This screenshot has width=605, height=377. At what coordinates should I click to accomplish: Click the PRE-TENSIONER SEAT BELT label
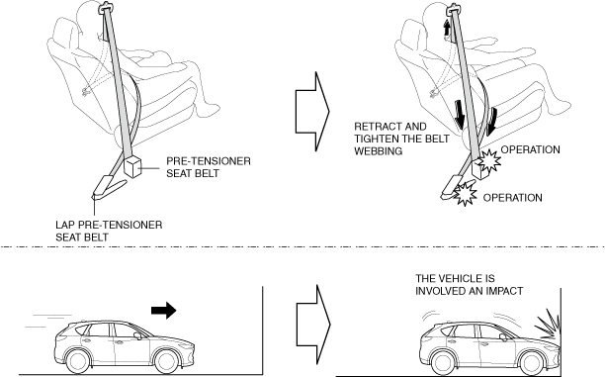(x=209, y=167)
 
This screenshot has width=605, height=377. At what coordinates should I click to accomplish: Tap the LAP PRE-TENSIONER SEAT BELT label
(x=109, y=231)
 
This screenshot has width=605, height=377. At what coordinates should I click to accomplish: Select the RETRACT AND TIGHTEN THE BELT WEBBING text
(x=401, y=139)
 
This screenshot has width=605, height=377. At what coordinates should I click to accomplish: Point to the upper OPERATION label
(x=530, y=149)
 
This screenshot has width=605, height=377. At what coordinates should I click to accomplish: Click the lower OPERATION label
(x=512, y=198)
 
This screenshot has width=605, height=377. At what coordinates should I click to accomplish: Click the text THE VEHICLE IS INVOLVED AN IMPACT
(x=470, y=285)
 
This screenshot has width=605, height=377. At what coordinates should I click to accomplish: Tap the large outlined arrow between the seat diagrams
(x=312, y=111)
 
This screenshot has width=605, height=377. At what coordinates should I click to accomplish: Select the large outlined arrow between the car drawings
(x=313, y=325)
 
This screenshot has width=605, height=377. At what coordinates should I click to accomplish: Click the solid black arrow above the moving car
(x=163, y=310)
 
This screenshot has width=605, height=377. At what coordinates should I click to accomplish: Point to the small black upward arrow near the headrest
(x=447, y=28)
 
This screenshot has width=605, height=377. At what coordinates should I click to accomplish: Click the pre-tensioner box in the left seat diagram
(x=132, y=166)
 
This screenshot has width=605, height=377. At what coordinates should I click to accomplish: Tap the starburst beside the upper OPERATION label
(x=489, y=160)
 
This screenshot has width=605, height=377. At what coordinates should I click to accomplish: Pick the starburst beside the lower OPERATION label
(x=465, y=193)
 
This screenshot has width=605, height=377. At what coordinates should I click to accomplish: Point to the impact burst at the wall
(x=547, y=324)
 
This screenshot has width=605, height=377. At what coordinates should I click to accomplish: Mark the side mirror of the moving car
(x=138, y=335)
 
